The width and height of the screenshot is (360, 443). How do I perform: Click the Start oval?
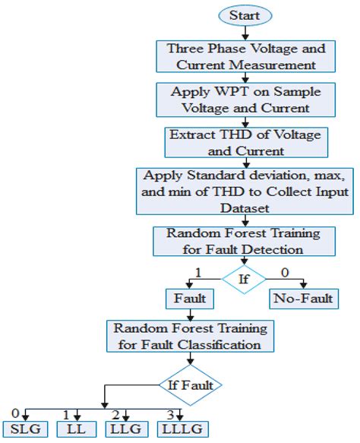point(244,15)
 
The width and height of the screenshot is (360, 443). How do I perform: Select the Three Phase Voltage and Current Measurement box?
point(245,55)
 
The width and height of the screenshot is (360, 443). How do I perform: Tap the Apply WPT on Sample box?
point(245,100)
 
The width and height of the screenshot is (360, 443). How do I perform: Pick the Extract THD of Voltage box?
point(245,141)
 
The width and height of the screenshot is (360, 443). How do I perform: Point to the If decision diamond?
point(245,280)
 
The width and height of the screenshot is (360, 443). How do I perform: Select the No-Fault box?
point(302,299)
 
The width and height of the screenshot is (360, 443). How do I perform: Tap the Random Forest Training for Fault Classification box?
point(189,336)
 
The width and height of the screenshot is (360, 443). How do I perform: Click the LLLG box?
point(181,429)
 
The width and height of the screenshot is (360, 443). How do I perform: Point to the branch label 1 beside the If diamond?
point(198,271)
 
